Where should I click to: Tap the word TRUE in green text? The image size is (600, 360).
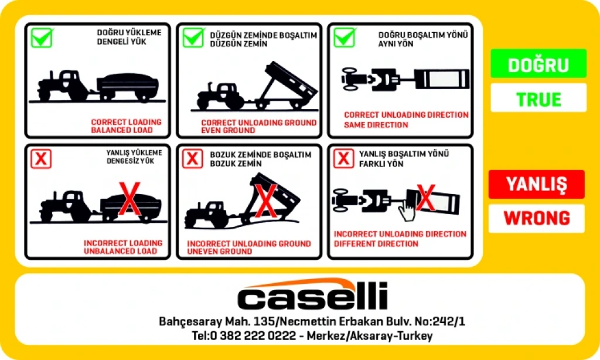pyautogui.click(x=538, y=100)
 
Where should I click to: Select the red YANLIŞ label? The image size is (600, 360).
pyautogui.click(x=537, y=184)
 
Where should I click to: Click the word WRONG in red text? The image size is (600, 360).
pyautogui.click(x=537, y=218)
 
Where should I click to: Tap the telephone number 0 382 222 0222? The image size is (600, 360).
pyautogui.click(x=253, y=336)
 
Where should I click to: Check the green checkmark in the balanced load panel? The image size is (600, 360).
pyautogui.click(x=42, y=38)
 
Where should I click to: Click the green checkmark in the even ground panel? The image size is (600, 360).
pyautogui.click(x=193, y=38)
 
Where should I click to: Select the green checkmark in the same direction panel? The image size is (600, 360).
pyautogui.click(x=345, y=38)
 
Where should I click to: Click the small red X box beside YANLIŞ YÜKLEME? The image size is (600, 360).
pyautogui.click(x=41, y=159)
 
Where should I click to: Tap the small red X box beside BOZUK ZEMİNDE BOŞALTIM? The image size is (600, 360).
pyautogui.click(x=192, y=158)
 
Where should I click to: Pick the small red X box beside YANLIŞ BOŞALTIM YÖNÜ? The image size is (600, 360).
pyautogui.click(x=343, y=158)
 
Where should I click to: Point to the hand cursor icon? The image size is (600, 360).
pyautogui.click(x=407, y=210)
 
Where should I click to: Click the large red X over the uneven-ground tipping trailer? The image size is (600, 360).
pyautogui.click(x=266, y=201)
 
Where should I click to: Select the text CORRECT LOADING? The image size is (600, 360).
pyautogui.click(x=127, y=122)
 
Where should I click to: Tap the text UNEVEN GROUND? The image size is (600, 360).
pyautogui.click(x=220, y=252)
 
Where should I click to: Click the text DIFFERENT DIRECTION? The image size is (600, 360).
pyautogui.click(x=376, y=244)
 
